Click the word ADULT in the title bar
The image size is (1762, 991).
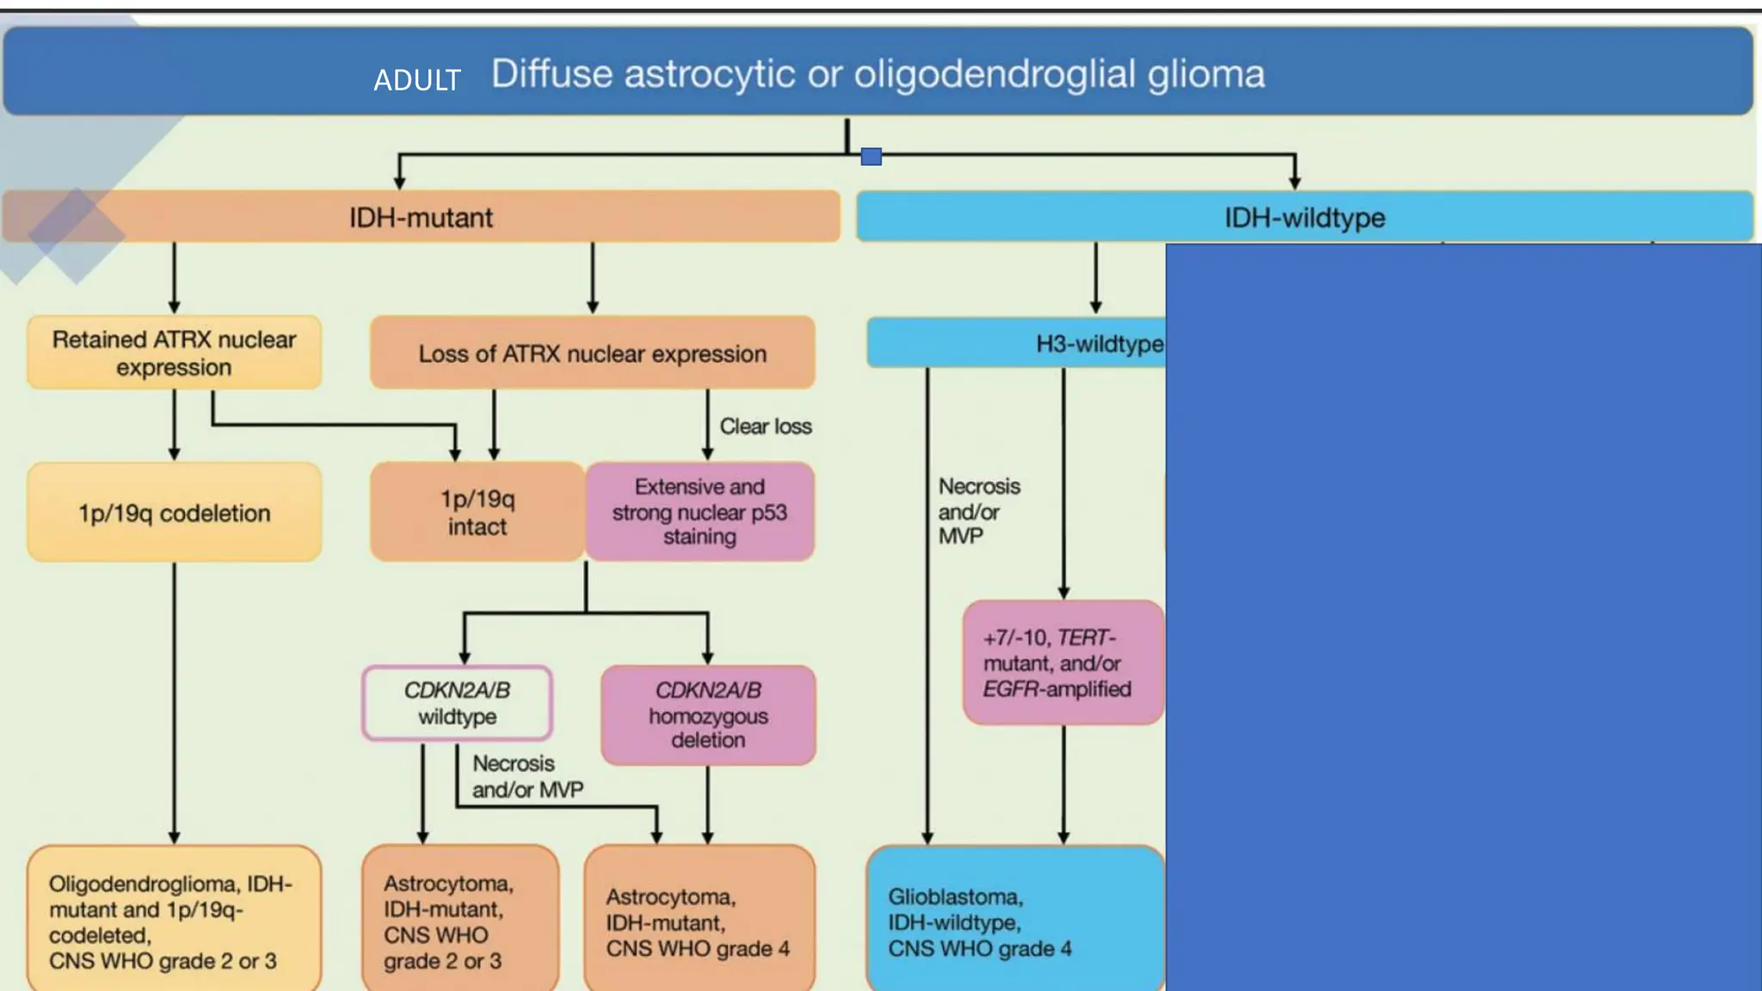[417, 80]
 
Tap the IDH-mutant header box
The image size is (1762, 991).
[421, 217]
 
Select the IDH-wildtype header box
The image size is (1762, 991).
[1304, 217]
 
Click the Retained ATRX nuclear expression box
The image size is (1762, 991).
[174, 353]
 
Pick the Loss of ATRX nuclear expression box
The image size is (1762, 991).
[592, 354]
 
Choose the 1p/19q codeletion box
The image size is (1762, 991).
[174, 513]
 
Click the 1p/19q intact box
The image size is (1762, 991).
[477, 513]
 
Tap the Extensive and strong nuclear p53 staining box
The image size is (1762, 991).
[699, 512]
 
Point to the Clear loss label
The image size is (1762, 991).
[765, 427]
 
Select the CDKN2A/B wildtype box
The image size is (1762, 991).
[457, 703]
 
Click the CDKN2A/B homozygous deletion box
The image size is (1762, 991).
[708, 715]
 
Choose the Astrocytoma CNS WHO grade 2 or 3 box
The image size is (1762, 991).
[459, 920]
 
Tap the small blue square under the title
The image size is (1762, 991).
[871, 157]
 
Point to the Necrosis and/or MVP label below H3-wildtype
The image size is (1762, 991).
[977, 511]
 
